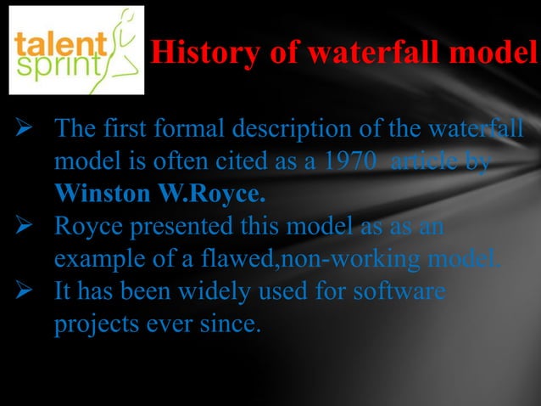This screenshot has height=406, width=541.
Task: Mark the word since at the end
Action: coord(228,324)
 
